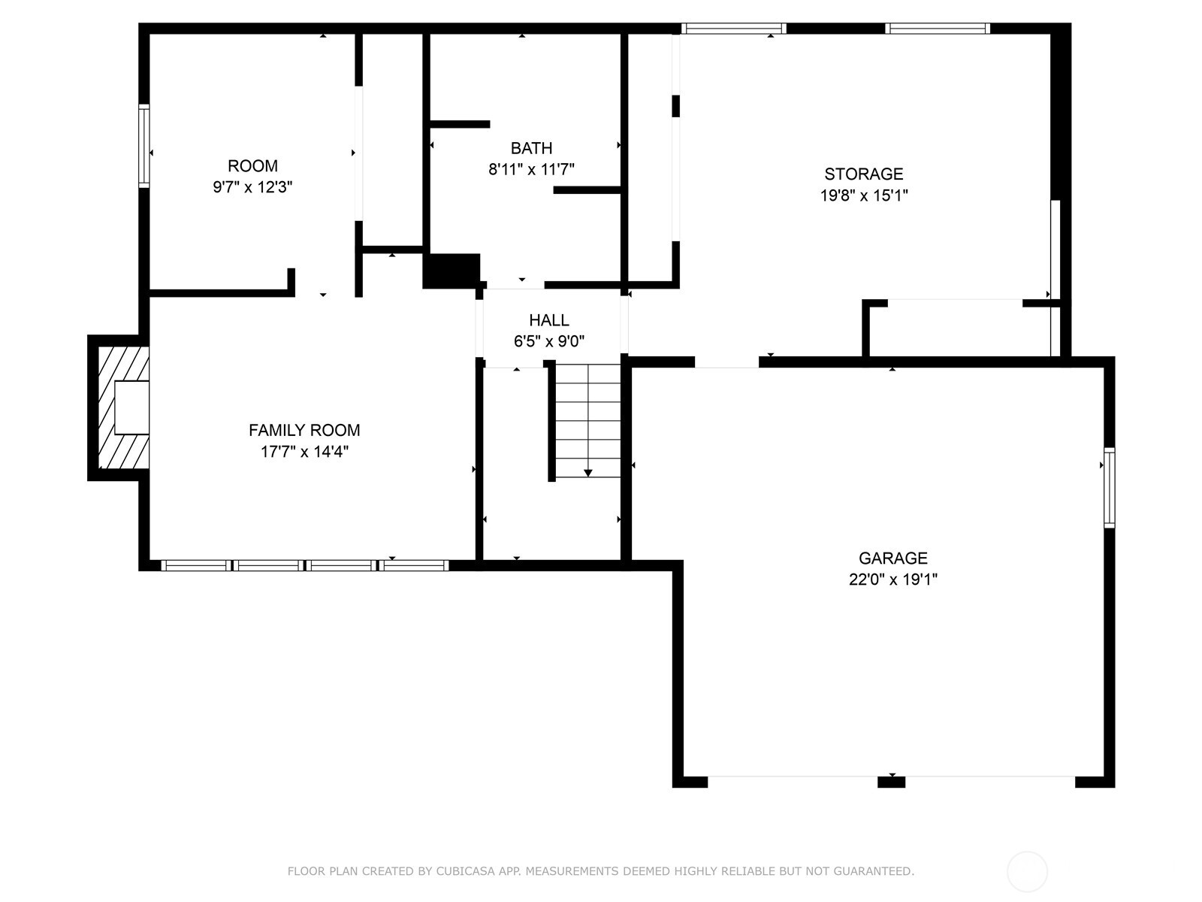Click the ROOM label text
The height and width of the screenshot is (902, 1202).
pyautogui.click(x=252, y=166)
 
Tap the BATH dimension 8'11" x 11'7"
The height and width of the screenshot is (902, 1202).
pyautogui.click(x=531, y=170)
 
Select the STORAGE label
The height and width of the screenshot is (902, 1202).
pyautogui.click(x=863, y=174)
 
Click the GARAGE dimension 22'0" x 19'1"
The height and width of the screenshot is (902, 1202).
pyautogui.click(x=892, y=580)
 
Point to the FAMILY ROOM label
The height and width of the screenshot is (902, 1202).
pyautogui.click(x=304, y=430)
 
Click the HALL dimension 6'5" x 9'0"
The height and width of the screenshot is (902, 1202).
pyautogui.click(x=548, y=341)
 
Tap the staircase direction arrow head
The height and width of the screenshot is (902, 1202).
pyautogui.click(x=587, y=473)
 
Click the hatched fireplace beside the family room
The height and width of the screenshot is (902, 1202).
pyautogui.click(x=120, y=407)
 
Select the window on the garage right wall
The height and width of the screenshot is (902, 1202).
pyautogui.click(x=1109, y=487)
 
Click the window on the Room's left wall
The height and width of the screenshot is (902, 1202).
pyautogui.click(x=143, y=146)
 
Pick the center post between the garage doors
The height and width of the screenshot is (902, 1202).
pyautogui.click(x=891, y=782)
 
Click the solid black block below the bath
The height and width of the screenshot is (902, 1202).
pyautogui.click(x=452, y=271)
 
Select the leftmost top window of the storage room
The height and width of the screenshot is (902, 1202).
pyautogui.click(x=733, y=29)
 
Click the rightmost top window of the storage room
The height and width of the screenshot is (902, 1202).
pyautogui.click(x=937, y=29)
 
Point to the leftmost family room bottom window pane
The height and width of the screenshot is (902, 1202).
pyautogui.click(x=195, y=565)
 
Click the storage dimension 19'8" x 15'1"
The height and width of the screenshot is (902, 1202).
pyautogui.click(x=863, y=196)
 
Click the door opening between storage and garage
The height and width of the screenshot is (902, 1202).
pyautogui.click(x=726, y=362)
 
